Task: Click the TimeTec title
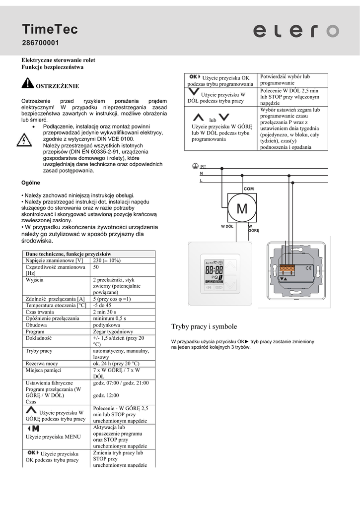[x=49, y=30]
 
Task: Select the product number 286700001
[x=40, y=44]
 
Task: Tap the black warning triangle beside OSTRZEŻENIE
[x=27, y=83]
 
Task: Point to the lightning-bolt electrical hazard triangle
[x=23, y=140]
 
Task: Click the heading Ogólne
[x=31, y=183]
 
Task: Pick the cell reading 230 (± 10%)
[x=107, y=260]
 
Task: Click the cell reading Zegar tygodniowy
[x=113, y=331]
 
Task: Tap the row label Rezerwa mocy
[x=42, y=363]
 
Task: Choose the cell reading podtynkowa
[x=107, y=325]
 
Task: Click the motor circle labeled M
[x=242, y=209]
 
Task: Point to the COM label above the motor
[x=249, y=189]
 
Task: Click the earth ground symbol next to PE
[x=195, y=166]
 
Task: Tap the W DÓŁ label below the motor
[x=227, y=226]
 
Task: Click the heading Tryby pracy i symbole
[x=204, y=326]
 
